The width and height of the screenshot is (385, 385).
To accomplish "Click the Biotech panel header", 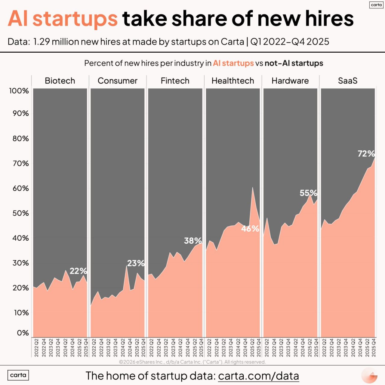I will [x=60, y=81].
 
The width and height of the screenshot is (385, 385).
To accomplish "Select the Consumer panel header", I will [x=117, y=81].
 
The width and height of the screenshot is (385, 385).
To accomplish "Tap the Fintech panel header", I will [x=175, y=81].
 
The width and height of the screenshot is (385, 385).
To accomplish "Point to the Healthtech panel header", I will [x=233, y=81].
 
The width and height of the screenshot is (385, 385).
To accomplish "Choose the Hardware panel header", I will [x=290, y=81].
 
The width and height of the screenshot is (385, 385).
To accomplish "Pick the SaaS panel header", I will [x=348, y=81].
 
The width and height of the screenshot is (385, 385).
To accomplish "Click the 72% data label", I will [x=366, y=154].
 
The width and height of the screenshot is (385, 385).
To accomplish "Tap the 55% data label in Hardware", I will [x=308, y=193].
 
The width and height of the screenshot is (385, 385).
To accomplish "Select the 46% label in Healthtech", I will [x=250, y=229].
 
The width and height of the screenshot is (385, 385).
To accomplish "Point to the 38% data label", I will [x=193, y=241].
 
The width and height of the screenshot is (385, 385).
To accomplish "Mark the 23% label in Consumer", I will [x=136, y=263].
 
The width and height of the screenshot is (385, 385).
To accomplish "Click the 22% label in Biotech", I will [x=78, y=271].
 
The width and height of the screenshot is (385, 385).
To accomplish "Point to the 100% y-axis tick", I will [x=19, y=91].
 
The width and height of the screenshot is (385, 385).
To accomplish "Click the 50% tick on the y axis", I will [x=20, y=213].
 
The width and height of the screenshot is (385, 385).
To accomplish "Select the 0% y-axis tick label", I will [x=23, y=333].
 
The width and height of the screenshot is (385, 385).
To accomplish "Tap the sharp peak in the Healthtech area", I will [x=252, y=188].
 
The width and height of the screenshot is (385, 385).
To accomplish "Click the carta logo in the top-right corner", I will [x=376, y=5].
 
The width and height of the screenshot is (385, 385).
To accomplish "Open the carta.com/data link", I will [x=258, y=376].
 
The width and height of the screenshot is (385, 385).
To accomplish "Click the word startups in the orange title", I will [x=75, y=19].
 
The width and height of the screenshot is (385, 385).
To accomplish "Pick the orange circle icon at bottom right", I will [x=369, y=376].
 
